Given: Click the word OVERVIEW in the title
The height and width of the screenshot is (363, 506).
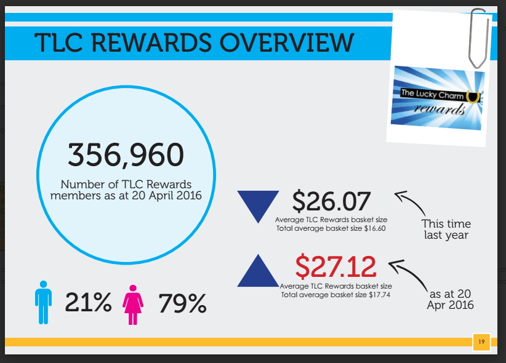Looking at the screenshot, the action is coord(287,42).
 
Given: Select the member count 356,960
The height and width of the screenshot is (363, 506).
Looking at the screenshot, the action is coord(126,155).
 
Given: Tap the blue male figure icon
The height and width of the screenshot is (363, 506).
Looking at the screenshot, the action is coord(43,302).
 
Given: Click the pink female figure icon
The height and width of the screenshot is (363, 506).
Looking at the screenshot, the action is coord(133,305).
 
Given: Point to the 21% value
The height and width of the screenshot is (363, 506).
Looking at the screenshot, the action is coord(89,302).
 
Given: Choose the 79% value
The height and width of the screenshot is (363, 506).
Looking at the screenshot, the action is coord(182,303).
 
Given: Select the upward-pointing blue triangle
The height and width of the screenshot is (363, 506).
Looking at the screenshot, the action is coord(258,270).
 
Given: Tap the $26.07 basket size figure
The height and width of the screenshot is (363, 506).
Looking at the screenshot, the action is coord(331,201).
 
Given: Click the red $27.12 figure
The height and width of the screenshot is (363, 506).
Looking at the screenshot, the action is coord(335,266).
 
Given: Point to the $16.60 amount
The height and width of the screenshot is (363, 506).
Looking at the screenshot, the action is coord(375,228).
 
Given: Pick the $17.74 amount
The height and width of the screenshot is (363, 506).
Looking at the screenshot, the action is coord(379,295).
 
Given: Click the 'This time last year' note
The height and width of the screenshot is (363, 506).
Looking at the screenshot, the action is coord(446,229).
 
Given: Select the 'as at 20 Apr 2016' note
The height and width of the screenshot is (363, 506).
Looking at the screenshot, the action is coord(450,300).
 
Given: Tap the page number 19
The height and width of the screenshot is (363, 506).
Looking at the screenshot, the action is coord(481,341).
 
